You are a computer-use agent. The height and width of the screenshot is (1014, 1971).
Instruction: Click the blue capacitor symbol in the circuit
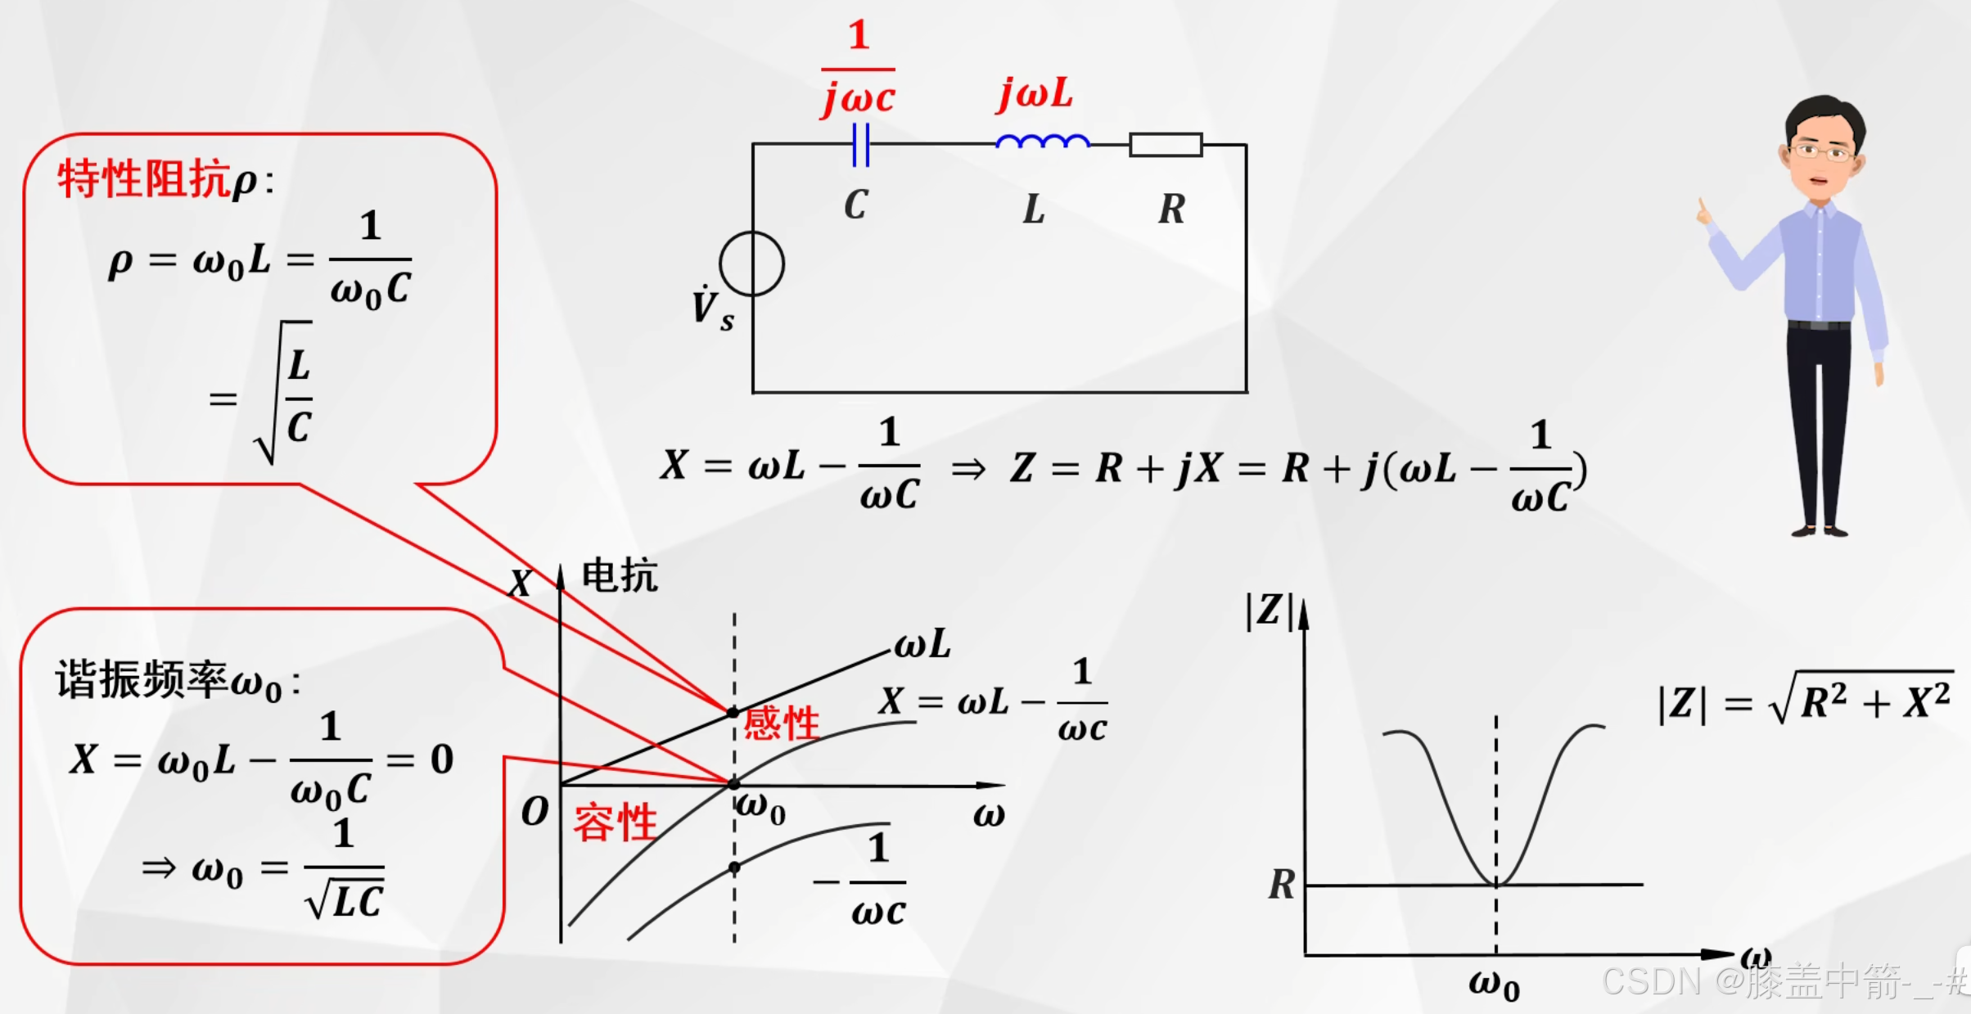(x=860, y=145)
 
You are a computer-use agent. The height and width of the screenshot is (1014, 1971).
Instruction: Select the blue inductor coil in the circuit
(x=1042, y=142)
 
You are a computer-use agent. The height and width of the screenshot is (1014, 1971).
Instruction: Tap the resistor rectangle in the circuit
(x=1166, y=145)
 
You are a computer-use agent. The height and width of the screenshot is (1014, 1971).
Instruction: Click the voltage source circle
(x=751, y=264)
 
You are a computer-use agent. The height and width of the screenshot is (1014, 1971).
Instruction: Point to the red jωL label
(x=1035, y=94)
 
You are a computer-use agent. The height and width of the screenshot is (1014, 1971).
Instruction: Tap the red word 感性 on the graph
(x=781, y=723)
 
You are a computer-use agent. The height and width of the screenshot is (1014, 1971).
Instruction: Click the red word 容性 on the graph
(x=615, y=822)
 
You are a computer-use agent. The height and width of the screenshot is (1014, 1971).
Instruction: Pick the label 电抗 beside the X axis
(x=620, y=575)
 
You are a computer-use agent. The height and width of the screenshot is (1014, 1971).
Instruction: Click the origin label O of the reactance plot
(x=534, y=812)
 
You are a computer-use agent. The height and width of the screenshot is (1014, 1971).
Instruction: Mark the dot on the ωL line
(x=733, y=712)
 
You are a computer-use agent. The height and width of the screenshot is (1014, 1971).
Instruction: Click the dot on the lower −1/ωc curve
(x=734, y=867)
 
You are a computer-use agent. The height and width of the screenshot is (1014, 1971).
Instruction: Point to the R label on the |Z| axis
(x=1282, y=885)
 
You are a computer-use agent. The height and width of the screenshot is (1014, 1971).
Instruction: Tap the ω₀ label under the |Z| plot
(x=1494, y=984)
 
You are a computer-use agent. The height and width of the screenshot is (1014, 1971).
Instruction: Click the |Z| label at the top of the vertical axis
(x=1268, y=611)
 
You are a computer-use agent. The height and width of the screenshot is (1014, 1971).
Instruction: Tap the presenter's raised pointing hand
(x=1704, y=213)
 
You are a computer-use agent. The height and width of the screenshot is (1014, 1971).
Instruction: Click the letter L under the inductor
(x=1034, y=210)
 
